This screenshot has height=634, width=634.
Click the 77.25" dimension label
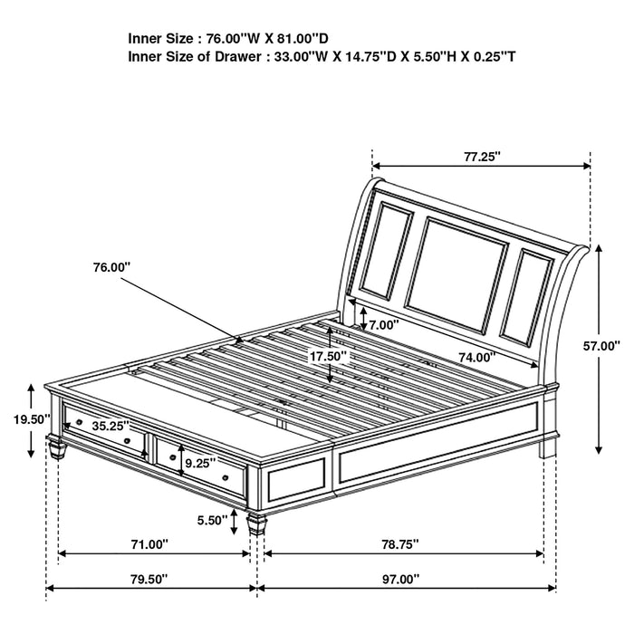pyautogui.click(x=482, y=156)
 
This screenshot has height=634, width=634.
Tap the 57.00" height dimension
pyautogui.click(x=602, y=345)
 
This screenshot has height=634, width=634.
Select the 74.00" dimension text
pyautogui.click(x=476, y=358)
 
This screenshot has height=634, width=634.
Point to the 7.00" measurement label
pyautogui.click(x=384, y=323)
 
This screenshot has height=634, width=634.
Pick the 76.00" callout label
pyautogui.click(x=111, y=267)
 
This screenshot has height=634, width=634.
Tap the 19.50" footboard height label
pyautogui.click(x=29, y=419)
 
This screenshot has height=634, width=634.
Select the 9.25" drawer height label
pyautogui.click(x=199, y=464)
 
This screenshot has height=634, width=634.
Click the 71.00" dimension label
pyautogui.click(x=149, y=544)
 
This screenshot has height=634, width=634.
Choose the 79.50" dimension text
pyautogui.click(x=149, y=578)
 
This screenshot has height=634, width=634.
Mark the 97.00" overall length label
pyautogui.click(x=402, y=578)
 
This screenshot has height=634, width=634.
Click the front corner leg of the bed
pyautogui.click(x=256, y=524)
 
